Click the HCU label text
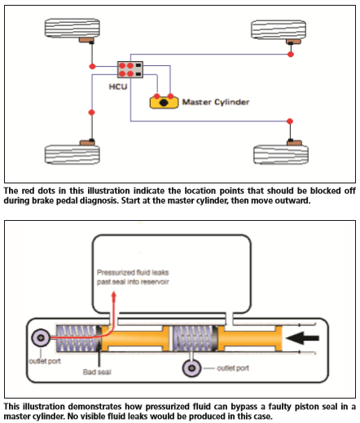point(118,86)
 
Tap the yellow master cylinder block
point(164,103)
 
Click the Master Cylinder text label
point(216,102)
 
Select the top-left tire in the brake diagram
point(72,28)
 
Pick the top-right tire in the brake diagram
point(279,29)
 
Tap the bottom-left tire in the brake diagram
point(72,155)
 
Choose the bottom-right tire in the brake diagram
point(281,155)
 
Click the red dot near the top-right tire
point(291,55)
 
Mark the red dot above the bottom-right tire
point(290,121)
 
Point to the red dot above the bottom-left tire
point(92,112)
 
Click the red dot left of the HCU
point(93,66)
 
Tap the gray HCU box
point(130,70)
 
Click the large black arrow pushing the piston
point(302,338)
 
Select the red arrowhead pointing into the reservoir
point(114,297)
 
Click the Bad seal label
point(97,372)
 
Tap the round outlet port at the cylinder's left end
point(41,337)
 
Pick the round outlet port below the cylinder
point(191,368)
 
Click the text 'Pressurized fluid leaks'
point(133,272)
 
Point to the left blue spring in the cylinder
point(77,338)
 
